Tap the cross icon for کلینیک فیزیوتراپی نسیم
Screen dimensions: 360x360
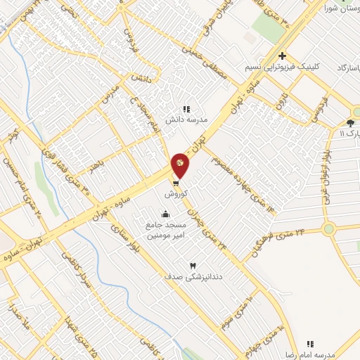pyautogui.click(x=281, y=56)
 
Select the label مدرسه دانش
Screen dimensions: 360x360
pyautogui.click(x=186, y=120)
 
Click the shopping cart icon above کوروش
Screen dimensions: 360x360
pyautogui.click(x=174, y=181)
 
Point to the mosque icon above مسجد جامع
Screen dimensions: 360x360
pyautogui.click(x=166, y=214)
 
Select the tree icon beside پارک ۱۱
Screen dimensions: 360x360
pyautogui.click(x=351, y=122)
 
